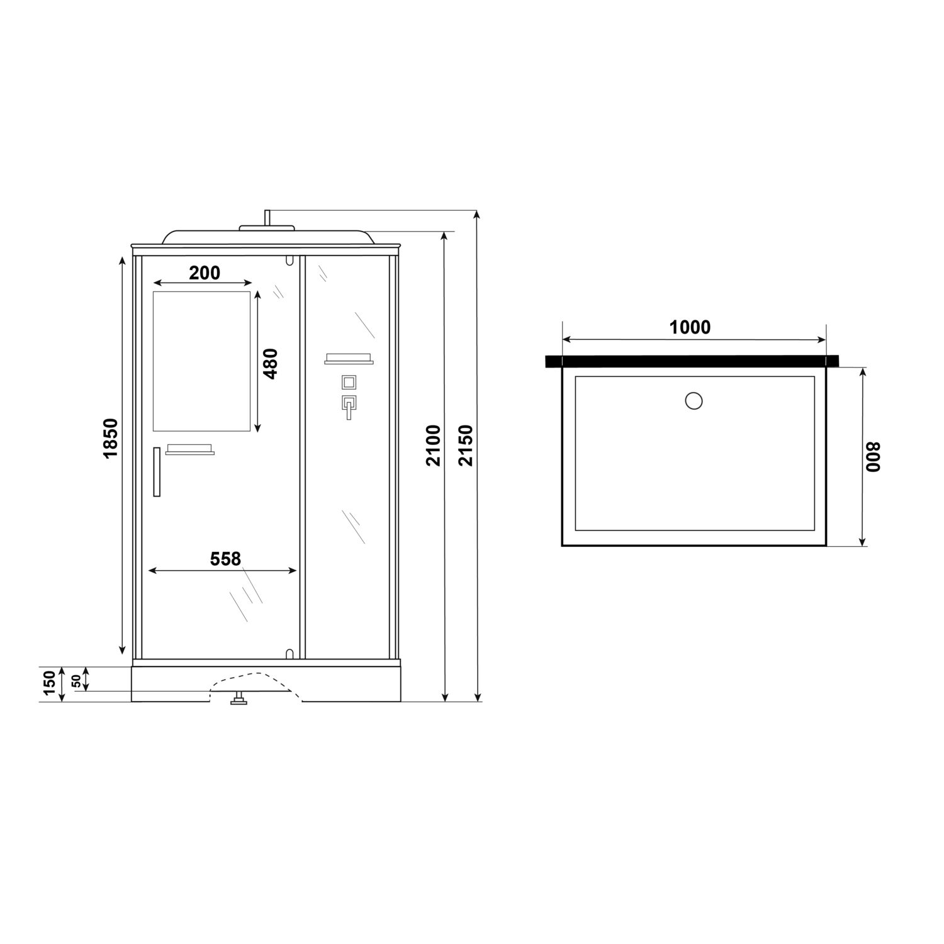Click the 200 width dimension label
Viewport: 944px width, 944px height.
coord(205,273)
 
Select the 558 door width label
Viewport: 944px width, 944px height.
coord(225,559)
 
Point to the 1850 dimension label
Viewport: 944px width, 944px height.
coord(111,438)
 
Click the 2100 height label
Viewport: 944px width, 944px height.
coord(433,445)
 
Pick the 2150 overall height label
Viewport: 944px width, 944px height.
coord(466,445)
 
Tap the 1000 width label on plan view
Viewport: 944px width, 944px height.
coord(690,327)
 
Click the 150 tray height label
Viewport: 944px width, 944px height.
coord(50,683)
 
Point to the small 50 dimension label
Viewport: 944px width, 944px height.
coord(76,680)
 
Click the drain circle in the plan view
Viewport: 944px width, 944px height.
coord(693,400)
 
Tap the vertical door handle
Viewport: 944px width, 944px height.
coord(157,471)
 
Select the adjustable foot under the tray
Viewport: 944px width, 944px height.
coord(239,698)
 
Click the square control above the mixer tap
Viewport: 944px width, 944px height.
coord(349,382)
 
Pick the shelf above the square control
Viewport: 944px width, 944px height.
coord(349,359)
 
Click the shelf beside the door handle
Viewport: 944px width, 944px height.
coord(189,450)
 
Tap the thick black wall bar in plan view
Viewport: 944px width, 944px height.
coord(692,361)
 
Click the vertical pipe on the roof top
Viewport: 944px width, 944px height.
coord(267,218)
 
